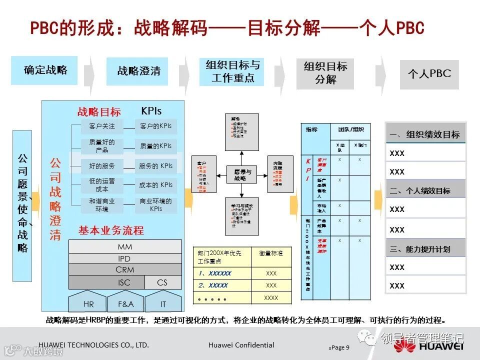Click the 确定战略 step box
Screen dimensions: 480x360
(44, 70)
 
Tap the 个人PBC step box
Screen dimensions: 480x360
(429, 74)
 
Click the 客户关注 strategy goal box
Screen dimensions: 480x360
(102, 126)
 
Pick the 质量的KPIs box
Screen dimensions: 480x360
(155, 146)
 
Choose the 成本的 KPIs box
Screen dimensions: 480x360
(155, 185)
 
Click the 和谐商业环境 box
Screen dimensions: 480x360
(102, 205)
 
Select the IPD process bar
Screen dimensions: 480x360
(124, 258)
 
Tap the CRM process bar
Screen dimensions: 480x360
(124, 270)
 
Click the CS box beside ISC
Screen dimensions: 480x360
(162, 282)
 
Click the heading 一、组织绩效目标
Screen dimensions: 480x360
(425, 134)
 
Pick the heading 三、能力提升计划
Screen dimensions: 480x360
(425, 249)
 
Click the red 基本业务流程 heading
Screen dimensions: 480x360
(111, 230)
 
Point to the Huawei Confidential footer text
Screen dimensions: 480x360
(241, 345)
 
